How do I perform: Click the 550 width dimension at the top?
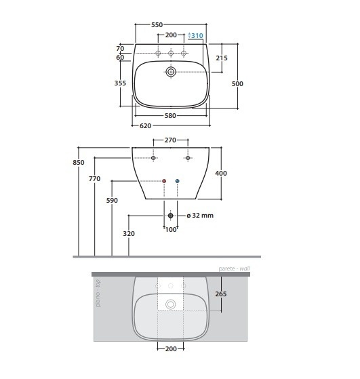pos(157,24)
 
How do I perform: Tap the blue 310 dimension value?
pos(197,36)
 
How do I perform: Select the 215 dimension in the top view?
pos(222,58)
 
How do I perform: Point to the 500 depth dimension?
pos(237,83)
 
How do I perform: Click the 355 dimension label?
pos(120,83)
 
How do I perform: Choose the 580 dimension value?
pos(170,116)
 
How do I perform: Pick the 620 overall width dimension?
pos(145,126)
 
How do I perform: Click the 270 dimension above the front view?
pos(170,140)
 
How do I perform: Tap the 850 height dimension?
pos(79,163)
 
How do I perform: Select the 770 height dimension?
pos(94,178)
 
